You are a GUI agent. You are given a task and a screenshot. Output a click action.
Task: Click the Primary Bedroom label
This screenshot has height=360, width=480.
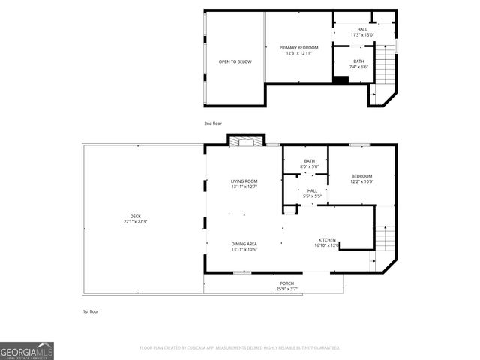pyautogui.click(x=298, y=50)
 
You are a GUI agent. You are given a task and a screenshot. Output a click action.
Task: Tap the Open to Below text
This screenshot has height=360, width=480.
pyautogui.click(x=235, y=61)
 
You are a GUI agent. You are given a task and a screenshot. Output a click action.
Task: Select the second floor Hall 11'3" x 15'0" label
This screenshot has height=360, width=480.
pyautogui.click(x=362, y=32)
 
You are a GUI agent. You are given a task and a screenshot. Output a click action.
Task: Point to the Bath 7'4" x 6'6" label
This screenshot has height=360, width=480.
pyautogui.click(x=358, y=64)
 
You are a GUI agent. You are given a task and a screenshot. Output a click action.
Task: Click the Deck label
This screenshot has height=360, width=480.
pyautogui.click(x=135, y=219)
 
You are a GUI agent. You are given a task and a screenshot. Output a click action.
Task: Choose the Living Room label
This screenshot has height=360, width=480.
pyautogui.click(x=244, y=184)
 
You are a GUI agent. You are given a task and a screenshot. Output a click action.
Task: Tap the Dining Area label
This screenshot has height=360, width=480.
pyautogui.click(x=244, y=246)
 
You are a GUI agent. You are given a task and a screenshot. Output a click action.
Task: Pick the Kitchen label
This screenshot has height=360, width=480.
pyautogui.click(x=326, y=241)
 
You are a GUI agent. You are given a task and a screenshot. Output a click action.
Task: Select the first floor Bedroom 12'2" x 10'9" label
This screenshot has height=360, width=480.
pyautogui.click(x=361, y=178)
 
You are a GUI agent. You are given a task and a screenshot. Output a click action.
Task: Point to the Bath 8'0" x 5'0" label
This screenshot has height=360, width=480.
pyautogui.click(x=309, y=163)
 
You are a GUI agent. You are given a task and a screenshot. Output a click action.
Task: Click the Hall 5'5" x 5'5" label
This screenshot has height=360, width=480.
pyautogui.click(x=312, y=193)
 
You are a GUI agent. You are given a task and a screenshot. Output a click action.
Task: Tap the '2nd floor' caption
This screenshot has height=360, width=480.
pyautogui.click(x=213, y=123)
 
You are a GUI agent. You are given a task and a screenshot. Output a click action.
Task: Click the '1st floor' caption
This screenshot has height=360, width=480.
pyautogui.click(x=91, y=310)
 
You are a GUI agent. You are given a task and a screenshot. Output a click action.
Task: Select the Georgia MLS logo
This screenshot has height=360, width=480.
pyautogui.click(x=27, y=350)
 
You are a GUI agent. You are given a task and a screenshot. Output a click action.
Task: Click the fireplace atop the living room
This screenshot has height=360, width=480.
pyautogui.click(x=245, y=141)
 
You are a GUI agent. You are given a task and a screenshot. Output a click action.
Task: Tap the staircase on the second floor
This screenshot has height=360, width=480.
pyautogui.click(x=384, y=66)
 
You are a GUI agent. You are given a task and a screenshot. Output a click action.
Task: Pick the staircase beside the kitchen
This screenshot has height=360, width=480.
pyautogui.click(x=384, y=240)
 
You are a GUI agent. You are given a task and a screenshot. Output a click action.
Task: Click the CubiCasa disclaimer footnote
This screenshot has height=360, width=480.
pyautogui.click(x=240, y=348)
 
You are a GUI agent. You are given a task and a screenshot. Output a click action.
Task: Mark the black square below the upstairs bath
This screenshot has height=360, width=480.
pyautogui.click(x=340, y=79)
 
